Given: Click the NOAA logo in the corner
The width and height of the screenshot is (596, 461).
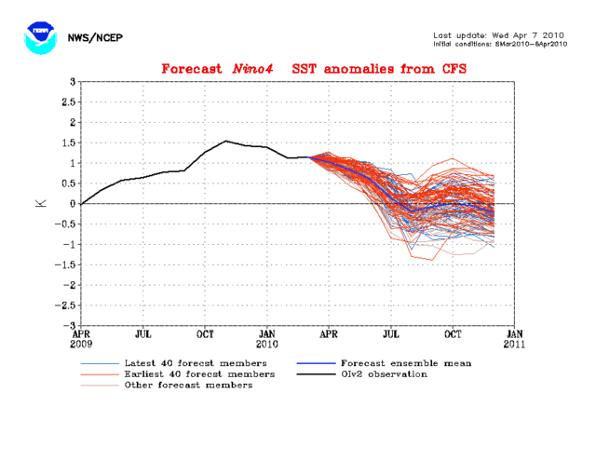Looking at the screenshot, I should coord(38,36).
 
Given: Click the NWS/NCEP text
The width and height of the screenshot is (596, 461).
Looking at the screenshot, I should coord(96,37).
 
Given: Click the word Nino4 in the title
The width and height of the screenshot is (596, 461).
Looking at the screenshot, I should coord(264,69).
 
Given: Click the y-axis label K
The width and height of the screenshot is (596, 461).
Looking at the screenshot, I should coord(41,203).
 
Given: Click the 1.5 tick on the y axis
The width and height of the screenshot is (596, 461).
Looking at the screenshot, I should coord(66,142).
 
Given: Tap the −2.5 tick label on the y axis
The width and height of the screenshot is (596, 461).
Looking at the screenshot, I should coord(63,305).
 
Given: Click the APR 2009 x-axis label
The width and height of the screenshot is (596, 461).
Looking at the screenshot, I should coord(82,337).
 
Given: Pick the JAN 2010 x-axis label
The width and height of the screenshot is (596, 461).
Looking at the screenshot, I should coord(267,337).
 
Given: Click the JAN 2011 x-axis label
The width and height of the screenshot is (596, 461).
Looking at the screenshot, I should coord(514,337).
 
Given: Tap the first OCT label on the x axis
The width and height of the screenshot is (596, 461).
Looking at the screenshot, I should coord(205,332).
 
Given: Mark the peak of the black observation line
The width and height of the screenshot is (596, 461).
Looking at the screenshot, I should coord(225,142).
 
